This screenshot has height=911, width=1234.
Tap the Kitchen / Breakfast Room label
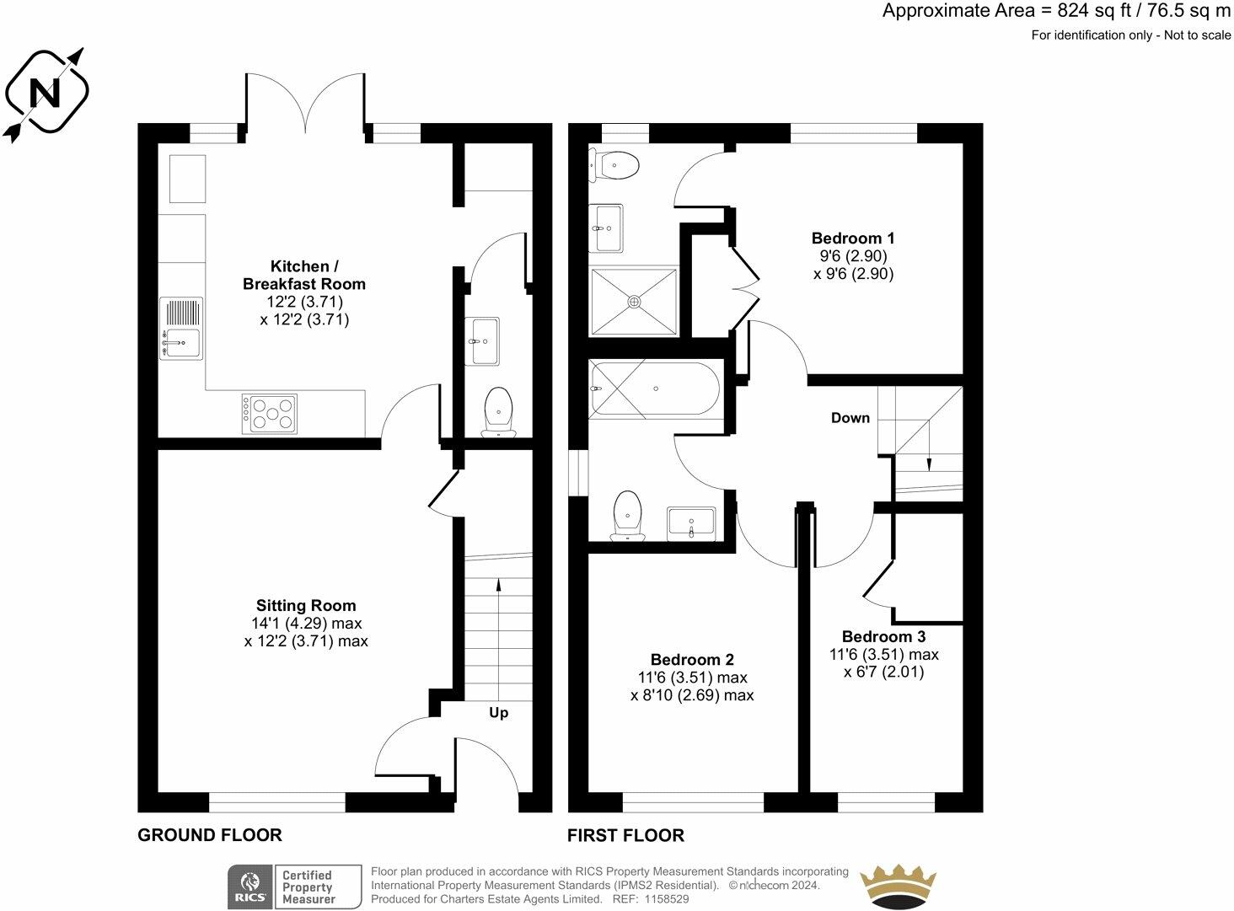(304, 275)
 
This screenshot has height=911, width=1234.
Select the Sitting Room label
(306, 605)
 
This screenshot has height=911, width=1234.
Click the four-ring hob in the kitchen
(269, 414)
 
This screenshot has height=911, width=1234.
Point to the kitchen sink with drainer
(181, 329)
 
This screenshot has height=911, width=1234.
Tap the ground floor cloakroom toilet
(498, 412)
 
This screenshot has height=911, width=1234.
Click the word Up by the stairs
(498, 712)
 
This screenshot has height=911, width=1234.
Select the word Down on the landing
(850, 418)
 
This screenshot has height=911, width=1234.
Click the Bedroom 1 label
(853, 238)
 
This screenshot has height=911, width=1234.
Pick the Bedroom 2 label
(692, 660)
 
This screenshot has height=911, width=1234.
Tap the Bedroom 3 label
(883, 636)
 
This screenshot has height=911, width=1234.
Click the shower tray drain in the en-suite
(634, 302)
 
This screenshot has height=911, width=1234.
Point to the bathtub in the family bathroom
(655, 389)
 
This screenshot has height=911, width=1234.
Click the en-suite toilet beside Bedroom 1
(614, 164)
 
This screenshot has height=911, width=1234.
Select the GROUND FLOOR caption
(210, 835)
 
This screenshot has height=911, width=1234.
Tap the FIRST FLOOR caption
(626, 835)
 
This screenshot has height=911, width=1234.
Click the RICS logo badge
(249, 887)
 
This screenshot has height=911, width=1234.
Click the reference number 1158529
(667, 898)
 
